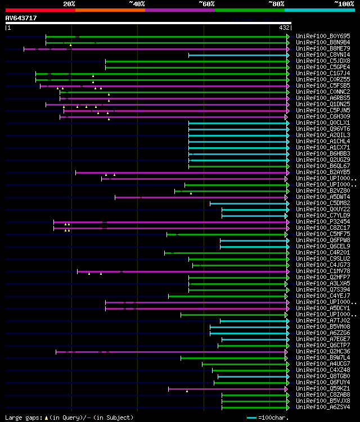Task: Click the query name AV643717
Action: point(21,18)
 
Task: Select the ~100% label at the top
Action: point(344,3)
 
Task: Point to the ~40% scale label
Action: point(137,3)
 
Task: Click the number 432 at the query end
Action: point(285,27)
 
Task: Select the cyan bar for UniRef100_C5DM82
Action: point(248,203)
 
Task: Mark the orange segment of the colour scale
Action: point(110,10)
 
